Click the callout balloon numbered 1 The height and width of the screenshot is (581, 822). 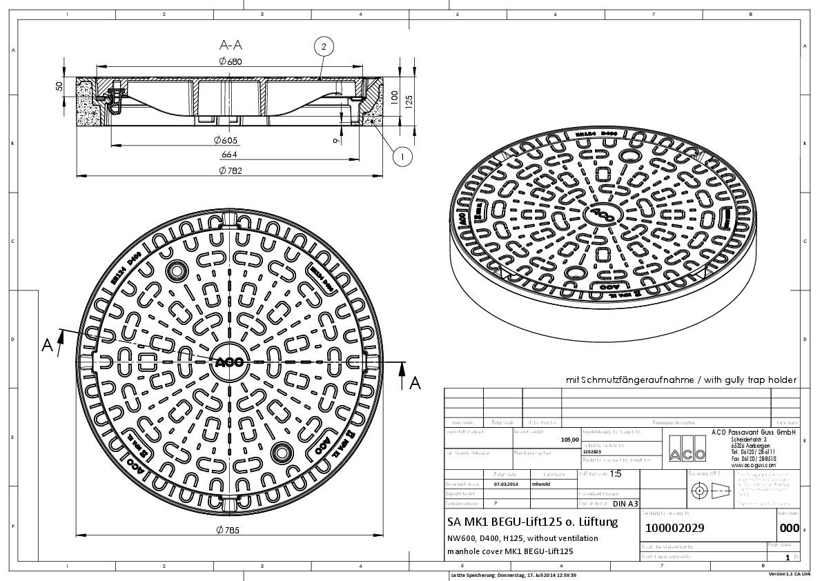402,157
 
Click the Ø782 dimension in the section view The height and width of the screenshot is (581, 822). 230,170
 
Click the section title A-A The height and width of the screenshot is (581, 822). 230,46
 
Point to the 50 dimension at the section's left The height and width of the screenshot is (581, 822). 59,86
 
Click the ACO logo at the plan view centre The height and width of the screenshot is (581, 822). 228,362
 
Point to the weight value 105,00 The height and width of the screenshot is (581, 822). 570,439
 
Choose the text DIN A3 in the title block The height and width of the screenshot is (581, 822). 625,504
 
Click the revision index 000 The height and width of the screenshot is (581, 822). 788,529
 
